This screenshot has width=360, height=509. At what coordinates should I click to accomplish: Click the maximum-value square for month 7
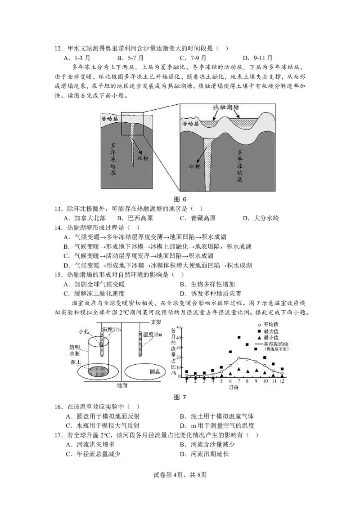coord(239,337)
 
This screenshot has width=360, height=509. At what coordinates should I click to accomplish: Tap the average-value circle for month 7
coord(239,358)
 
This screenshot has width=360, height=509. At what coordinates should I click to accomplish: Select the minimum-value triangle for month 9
coord(256,370)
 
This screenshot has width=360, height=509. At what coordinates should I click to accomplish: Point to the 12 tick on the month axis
coord(282,381)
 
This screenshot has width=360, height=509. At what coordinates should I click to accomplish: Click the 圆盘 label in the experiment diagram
coord(155,371)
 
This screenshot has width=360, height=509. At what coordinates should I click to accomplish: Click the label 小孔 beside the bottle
coord(84,331)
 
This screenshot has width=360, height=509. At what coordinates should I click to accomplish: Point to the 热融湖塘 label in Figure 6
coord(225,107)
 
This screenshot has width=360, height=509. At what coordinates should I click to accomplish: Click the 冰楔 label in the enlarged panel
coord(194,166)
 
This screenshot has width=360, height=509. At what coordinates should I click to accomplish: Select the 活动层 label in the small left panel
coord(109,118)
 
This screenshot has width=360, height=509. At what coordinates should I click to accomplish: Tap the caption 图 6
coord(180,199)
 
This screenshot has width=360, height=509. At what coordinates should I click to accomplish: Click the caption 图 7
coord(180,397)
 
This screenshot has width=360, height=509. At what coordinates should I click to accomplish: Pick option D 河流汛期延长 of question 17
coord(204,454)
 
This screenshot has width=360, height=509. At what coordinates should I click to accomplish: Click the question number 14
coord(58,228)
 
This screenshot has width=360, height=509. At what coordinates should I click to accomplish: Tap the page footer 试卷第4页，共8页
coord(180,474)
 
